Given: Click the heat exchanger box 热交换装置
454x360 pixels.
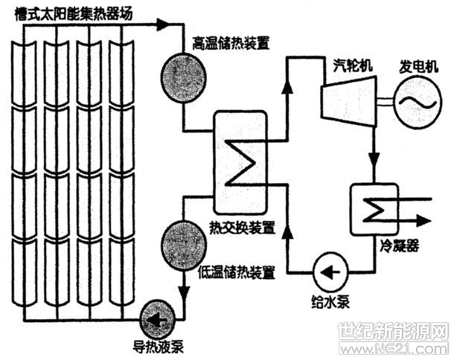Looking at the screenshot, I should click(x=240, y=161).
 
